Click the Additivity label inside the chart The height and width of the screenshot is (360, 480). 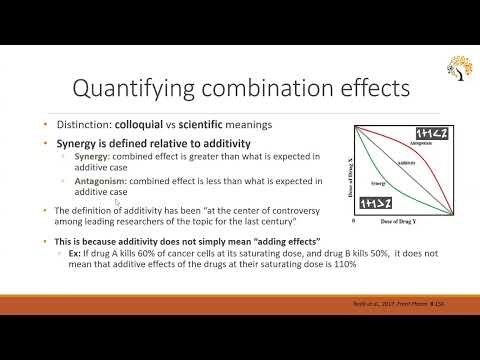coord(407,162)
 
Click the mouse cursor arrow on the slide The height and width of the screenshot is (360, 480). coord(146,201)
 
